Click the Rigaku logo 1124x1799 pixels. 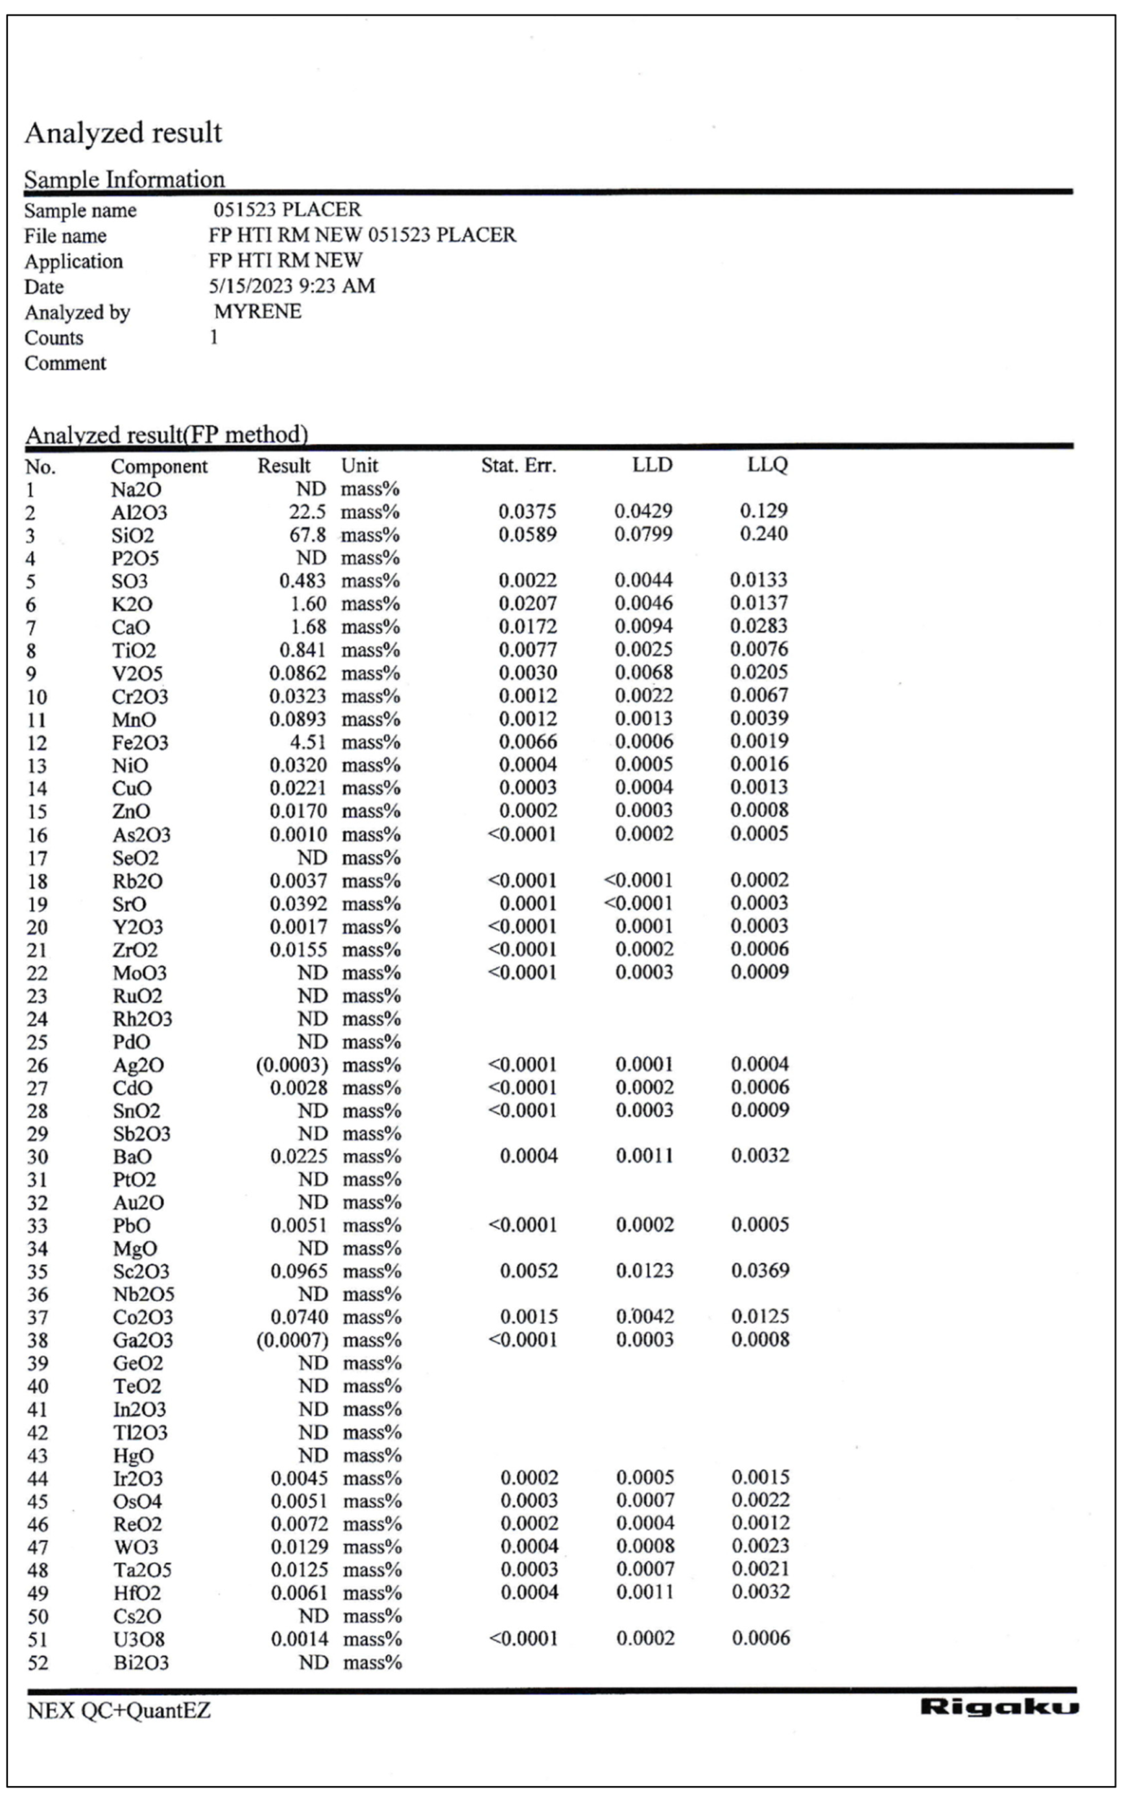[x=998, y=1707]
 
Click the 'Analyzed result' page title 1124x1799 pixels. [x=123, y=133]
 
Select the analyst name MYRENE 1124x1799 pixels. [x=257, y=312]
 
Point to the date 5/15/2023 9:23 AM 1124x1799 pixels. [x=291, y=286]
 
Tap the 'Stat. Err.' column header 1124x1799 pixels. [x=518, y=465]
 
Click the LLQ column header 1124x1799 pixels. [x=767, y=465]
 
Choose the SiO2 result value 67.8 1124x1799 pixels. [x=307, y=535]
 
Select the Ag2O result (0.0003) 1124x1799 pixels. [x=291, y=1065]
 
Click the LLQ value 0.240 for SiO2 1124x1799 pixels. [x=763, y=534]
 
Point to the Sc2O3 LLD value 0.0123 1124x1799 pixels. [x=645, y=1271]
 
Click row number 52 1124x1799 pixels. [x=37, y=1662]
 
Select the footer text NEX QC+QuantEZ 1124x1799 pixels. [x=119, y=1711]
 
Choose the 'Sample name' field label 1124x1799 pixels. [x=80, y=210]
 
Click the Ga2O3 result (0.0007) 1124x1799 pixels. [x=291, y=1340]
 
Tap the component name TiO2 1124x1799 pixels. [x=134, y=651]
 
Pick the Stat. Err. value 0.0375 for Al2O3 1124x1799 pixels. [x=527, y=511]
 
